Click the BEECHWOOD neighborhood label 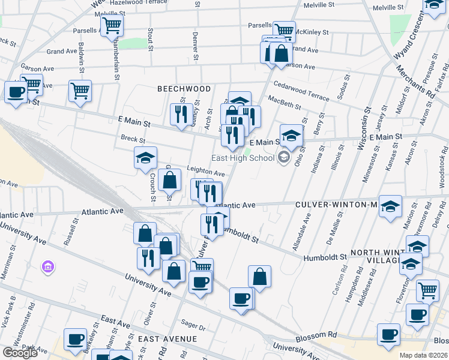coord(184,89)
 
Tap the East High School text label coord(243,158)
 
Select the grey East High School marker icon coord(284,158)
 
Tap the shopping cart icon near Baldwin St coord(80,91)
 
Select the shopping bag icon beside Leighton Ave coord(170,179)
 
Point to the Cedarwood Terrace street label coord(301,91)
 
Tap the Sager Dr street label coord(193,328)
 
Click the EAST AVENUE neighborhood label coord(167,339)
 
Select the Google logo coord(20,353)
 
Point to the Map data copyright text coord(423,355)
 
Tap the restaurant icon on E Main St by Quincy coord(181,114)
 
